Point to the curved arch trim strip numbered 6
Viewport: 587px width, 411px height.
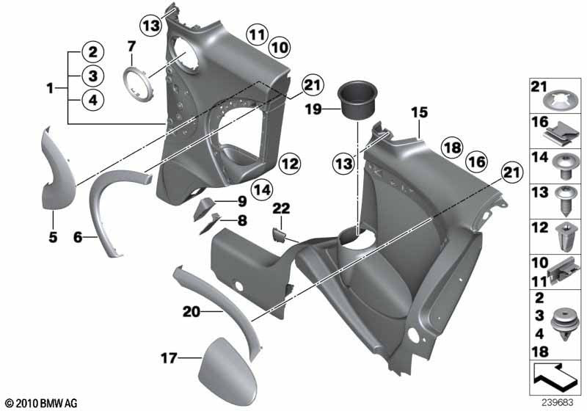pos(110,205)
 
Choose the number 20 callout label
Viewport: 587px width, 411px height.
pos(192,312)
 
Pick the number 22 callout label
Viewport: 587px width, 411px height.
pos(280,209)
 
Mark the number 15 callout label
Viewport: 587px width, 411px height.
pos(418,113)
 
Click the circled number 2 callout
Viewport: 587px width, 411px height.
pos(93,52)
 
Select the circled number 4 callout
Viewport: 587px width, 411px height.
pos(93,101)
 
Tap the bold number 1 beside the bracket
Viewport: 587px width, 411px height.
pos(49,88)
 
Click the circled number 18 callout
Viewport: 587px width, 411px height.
pos(451,148)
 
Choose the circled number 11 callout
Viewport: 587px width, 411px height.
pos(255,34)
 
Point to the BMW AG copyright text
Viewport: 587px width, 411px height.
pos(40,403)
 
